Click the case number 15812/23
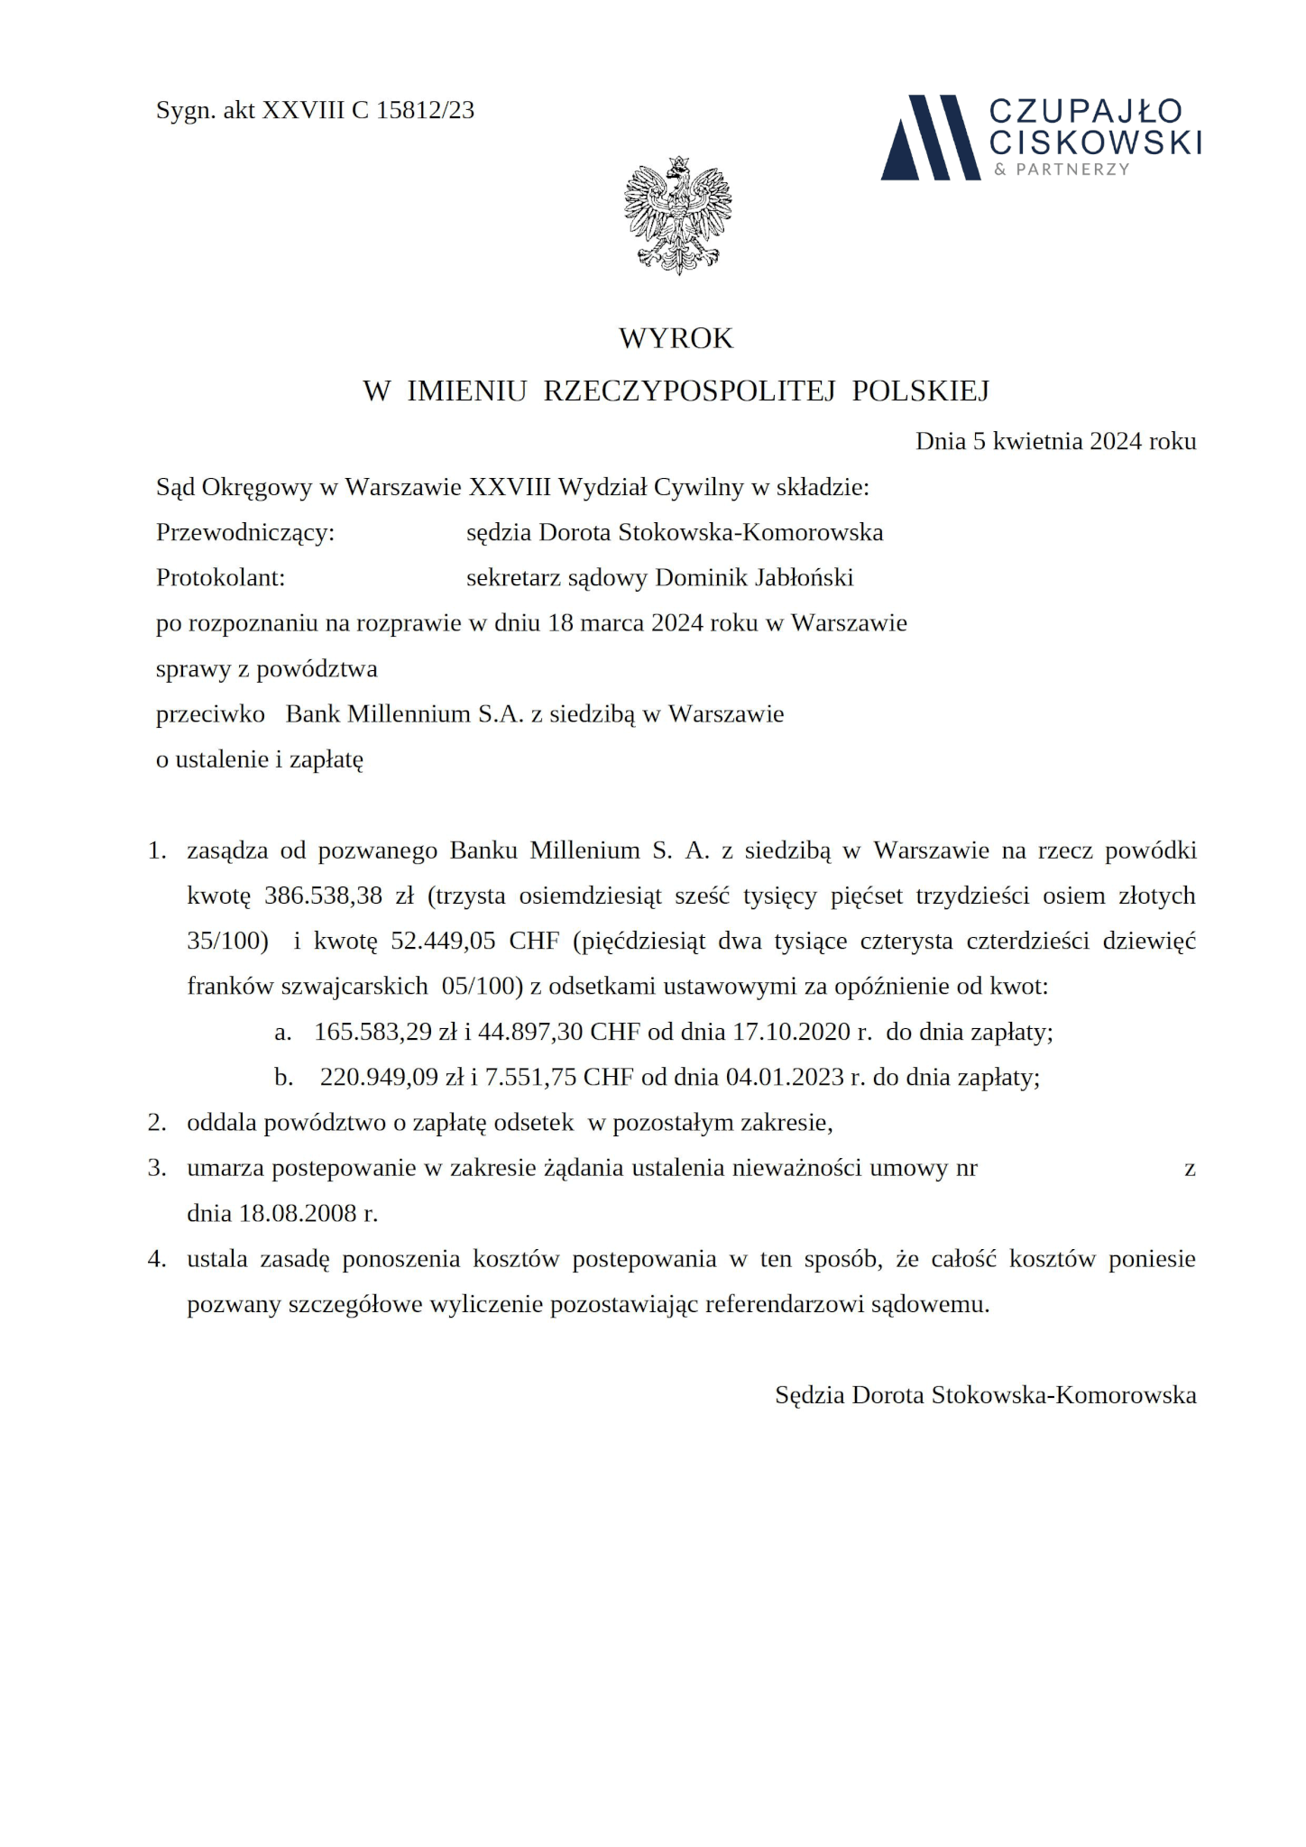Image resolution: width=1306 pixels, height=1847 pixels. tap(425, 110)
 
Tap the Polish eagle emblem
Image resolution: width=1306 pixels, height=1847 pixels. tap(677, 216)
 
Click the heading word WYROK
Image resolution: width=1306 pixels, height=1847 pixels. tap(676, 338)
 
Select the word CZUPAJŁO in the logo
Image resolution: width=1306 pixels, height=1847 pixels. tap(1086, 111)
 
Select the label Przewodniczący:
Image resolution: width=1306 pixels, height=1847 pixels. tap(245, 532)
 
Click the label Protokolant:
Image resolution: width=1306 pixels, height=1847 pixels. tap(221, 577)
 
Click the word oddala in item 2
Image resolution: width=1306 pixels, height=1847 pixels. tap(215, 1123)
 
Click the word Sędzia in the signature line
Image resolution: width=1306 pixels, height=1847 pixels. tap(810, 1395)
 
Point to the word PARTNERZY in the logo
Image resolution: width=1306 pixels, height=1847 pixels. tap(1072, 170)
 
